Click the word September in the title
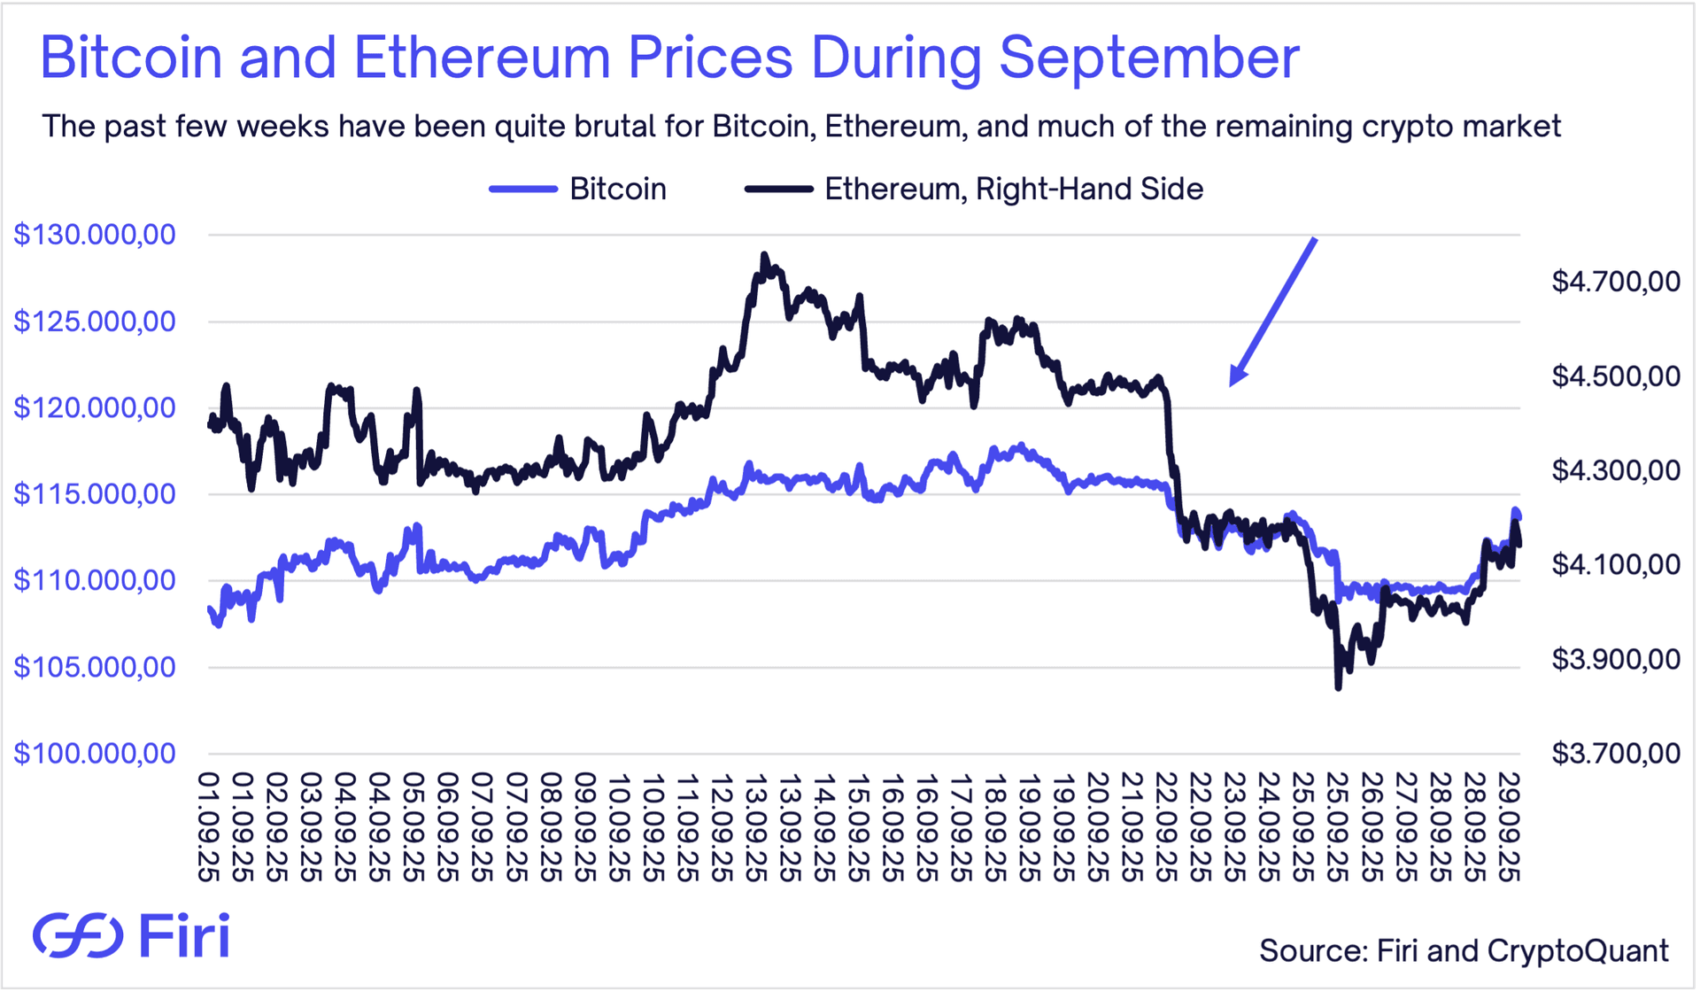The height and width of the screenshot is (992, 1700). pyautogui.click(x=1149, y=58)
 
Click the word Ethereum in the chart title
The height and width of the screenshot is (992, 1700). pyautogui.click(x=482, y=58)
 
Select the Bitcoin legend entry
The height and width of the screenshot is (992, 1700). pyautogui.click(x=579, y=189)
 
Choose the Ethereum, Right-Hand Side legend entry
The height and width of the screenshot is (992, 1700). pyautogui.click(x=974, y=189)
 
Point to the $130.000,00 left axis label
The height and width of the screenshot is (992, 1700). pyautogui.click(x=95, y=235)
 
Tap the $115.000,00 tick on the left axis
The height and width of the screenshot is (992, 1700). pyautogui.click(x=95, y=494)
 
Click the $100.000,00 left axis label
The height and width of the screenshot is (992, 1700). pyautogui.click(x=95, y=754)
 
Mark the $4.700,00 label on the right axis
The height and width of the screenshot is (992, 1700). pyautogui.click(x=1615, y=282)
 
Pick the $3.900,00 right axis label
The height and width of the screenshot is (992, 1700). pyautogui.click(x=1615, y=659)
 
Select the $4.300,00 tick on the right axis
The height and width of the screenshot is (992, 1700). pyautogui.click(x=1615, y=470)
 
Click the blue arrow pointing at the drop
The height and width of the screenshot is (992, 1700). pyautogui.click(x=1273, y=311)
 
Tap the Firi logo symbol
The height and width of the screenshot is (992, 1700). pyautogui.click(x=78, y=935)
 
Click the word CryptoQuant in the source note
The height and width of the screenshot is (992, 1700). pyautogui.click(x=1578, y=950)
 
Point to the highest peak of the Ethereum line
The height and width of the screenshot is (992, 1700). pyautogui.click(x=765, y=255)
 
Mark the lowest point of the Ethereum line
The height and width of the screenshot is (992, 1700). pyautogui.click(x=1338, y=687)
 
